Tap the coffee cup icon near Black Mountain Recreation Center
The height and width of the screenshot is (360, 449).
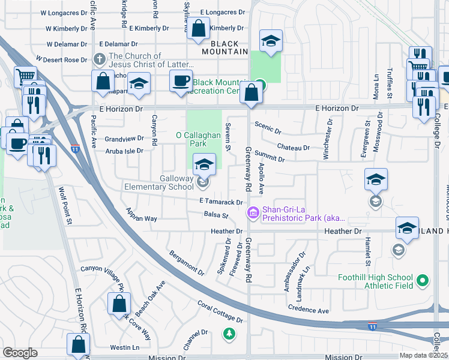pyautogui.click(x=181, y=82)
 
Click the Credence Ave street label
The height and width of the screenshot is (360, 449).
pyautogui.click(x=309, y=311)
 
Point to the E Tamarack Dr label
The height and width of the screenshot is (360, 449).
pyautogui.click(x=222, y=203)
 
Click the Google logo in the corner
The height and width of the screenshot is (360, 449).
pyautogui.click(x=20, y=353)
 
